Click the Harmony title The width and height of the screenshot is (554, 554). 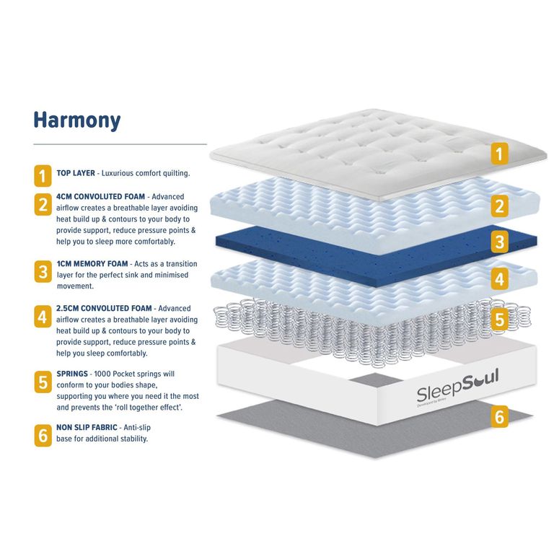click(x=76, y=120)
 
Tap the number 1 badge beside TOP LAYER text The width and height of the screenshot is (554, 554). click(x=43, y=175)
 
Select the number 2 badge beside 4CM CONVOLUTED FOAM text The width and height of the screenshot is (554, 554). click(x=43, y=204)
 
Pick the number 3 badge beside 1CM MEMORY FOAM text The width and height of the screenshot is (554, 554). click(x=43, y=271)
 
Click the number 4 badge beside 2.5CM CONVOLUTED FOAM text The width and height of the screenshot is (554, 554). click(x=43, y=315)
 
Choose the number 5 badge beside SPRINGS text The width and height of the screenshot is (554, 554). click(x=43, y=382)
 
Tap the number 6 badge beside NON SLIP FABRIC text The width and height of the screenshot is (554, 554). click(x=43, y=435)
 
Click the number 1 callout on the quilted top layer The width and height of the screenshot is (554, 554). click(x=499, y=153)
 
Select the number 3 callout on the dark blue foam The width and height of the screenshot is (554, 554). click(x=500, y=242)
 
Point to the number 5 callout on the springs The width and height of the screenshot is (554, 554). click(x=500, y=319)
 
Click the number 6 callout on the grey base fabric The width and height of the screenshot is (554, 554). click(x=500, y=416)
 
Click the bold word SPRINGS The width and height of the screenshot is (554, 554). click(x=73, y=374)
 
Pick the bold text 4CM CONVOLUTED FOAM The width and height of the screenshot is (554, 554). click(x=100, y=196)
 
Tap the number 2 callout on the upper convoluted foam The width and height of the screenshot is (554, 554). click(x=500, y=206)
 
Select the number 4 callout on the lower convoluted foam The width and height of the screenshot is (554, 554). click(x=500, y=278)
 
